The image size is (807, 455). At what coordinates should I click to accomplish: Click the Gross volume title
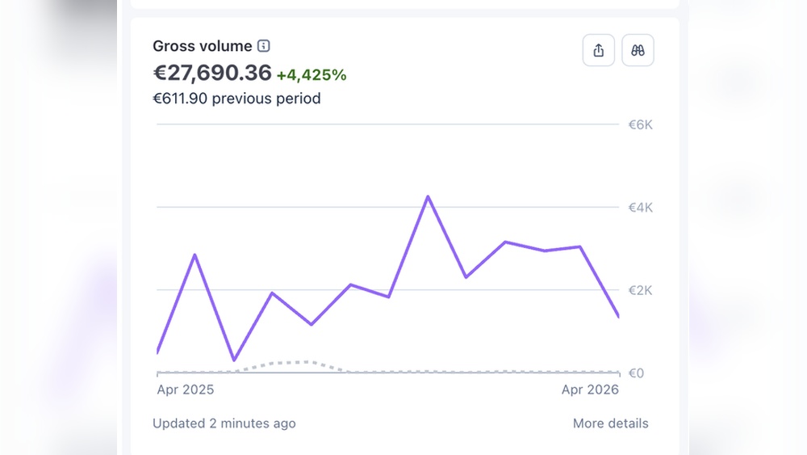click(x=203, y=46)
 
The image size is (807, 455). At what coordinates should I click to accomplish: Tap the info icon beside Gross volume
click(x=264, y=46)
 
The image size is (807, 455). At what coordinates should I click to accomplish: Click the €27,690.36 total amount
click(x=212, y=73)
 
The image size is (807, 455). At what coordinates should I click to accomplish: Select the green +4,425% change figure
click(x=312, y=75)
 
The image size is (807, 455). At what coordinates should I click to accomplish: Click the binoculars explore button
click(x=638, y=50)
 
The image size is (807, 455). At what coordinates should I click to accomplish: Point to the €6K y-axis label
click(x=640, y=124)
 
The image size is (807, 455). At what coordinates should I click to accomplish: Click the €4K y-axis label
click(x=640, y=208)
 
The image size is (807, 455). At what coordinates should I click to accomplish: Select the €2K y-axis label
click(x=640, y=291)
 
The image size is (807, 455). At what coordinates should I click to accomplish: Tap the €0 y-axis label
click(x=636, y=373)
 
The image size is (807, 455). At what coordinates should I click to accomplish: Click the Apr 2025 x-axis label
click(x=186, y=390)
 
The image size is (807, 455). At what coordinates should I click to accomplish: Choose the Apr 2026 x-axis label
click(x=590, y=390)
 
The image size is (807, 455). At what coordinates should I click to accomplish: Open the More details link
click(x=610, y=423)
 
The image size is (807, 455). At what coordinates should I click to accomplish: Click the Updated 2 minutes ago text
click(x=224, y=423)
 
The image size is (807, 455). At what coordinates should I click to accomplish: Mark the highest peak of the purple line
click(x=428, y=196)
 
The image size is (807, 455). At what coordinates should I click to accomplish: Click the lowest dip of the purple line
click(x=234, y=360)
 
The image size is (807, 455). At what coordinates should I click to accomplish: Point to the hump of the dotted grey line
click(x=299, y=363)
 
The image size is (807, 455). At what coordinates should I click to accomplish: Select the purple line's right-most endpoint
click(x=618, y=316)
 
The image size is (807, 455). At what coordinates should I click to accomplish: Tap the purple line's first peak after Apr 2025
click(x=195, y=255)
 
